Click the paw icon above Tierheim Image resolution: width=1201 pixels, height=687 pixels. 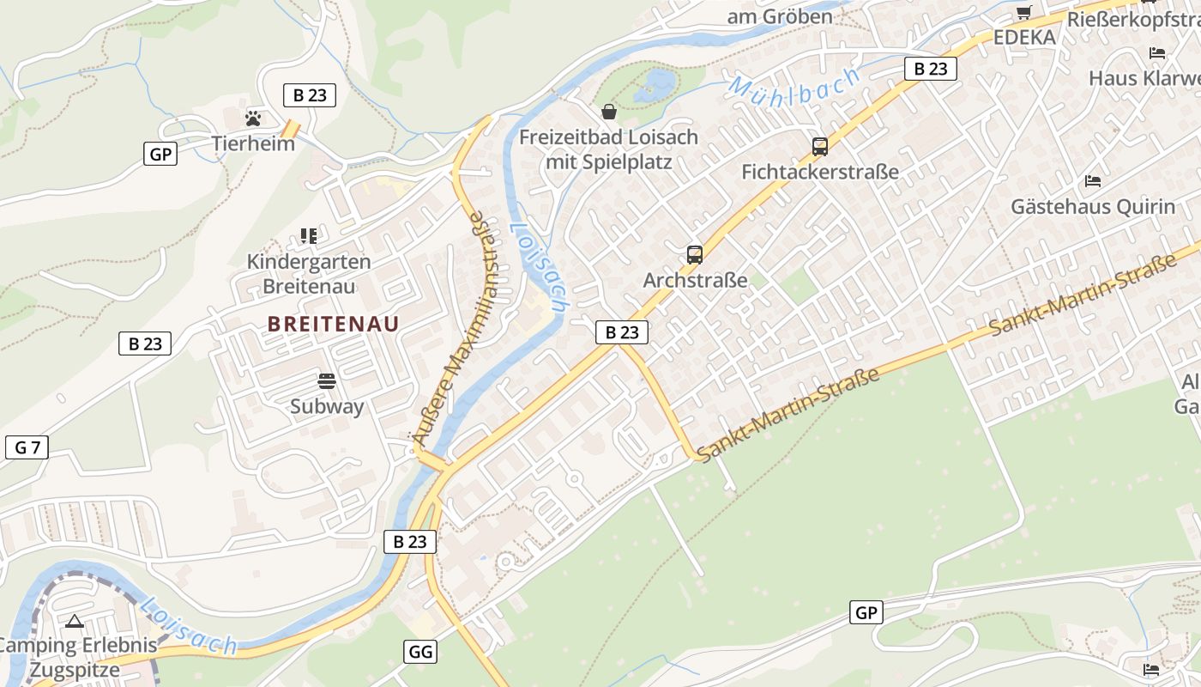click(x=253, y=118)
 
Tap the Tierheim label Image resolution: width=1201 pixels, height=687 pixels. click(x=253, y=143)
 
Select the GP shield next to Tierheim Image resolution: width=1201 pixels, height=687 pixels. click(x=160, y=155)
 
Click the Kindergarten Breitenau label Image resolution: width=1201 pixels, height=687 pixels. click(x=309, y=273)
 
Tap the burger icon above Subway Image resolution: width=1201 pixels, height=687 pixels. click(x=327, y=380)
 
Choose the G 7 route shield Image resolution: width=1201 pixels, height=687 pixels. click(x=27, y=447)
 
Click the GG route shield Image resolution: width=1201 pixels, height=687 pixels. click(x=420, y=651)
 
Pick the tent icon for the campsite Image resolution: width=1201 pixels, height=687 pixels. click(x=74, y=620)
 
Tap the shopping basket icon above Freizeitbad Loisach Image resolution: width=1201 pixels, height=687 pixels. click(x=609, y=112)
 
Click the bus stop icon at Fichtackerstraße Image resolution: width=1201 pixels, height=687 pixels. click(x=820, y=147)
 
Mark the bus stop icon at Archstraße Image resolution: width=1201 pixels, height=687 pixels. click(x=695, y=255)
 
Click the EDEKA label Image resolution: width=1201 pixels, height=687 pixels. click(x=1024, y=37)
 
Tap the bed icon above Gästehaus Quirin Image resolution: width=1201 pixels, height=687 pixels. click(x=1093, y=181)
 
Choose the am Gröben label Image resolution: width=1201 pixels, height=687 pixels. click(x=780, y=16)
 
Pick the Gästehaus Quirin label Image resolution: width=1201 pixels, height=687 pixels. click(x=1092, y=207)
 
